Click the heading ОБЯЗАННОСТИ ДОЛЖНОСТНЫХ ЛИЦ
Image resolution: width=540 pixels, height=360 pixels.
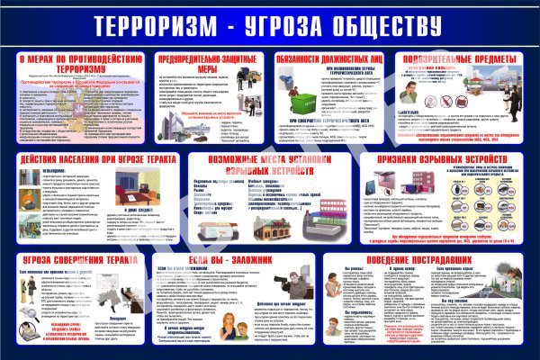coord(333,58)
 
